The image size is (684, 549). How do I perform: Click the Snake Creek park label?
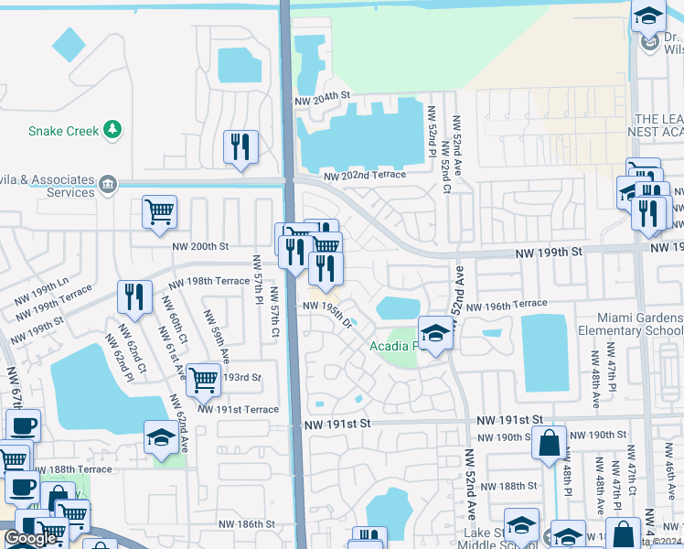(x=63, y=131)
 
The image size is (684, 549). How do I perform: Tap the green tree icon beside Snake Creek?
(x=113, y=130)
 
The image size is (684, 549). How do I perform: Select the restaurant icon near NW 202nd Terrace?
(x=240, y=145)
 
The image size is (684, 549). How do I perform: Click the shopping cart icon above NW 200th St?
(x=159, y=211)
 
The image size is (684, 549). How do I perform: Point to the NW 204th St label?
(x=322, y=96)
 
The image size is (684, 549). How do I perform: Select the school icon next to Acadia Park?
(x=436, y=333)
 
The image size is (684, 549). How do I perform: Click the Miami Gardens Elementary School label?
(x=629, y=330)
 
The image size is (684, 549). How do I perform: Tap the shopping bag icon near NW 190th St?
(x=550, y=443)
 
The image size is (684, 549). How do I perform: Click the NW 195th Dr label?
(x=326, y=313)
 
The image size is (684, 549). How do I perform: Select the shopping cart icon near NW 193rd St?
(x=203, y=378)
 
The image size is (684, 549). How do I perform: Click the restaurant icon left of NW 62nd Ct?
(x=134, y=296)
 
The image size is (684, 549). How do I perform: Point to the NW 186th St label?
(x=247, y=524)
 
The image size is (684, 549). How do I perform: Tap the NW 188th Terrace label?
(x=75, y=469)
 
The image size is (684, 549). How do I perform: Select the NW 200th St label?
(x=199, y=246)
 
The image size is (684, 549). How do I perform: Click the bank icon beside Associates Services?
(x=108, y=186)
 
